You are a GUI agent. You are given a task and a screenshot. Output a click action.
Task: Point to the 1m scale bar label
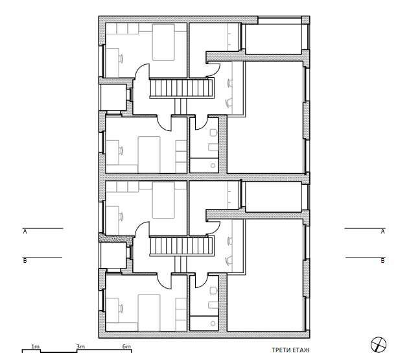point(36,347)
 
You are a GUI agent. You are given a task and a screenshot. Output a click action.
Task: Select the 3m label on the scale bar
point(80,347)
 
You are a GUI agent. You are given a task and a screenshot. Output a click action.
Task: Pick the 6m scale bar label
point(126,347)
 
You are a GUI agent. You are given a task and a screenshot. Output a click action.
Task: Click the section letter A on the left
point(25,231)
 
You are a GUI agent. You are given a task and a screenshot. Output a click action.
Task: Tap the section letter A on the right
point(382,231)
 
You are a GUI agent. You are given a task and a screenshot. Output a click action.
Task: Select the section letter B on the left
point(25,261)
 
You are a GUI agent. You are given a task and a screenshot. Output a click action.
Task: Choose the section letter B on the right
point(382,261)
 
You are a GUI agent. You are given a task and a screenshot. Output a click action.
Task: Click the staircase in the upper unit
point(181,87)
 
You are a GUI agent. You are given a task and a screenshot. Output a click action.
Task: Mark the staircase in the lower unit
point(181,246)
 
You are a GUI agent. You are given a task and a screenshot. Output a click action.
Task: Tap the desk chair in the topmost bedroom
point(121,57)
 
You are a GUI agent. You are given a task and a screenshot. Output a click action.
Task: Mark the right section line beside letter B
point(365,258)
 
